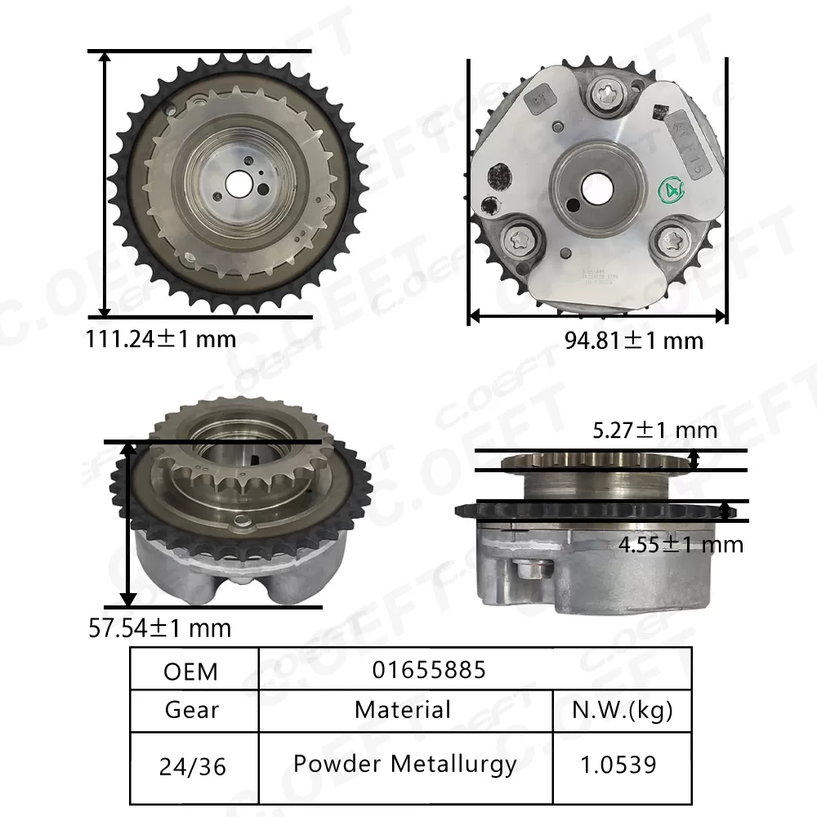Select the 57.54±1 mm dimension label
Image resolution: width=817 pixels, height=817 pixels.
(159, 627)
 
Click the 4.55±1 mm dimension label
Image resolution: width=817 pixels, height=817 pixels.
(680, 543)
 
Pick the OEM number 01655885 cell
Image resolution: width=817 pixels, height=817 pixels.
(429, 670)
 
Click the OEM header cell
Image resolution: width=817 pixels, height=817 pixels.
(191, 671)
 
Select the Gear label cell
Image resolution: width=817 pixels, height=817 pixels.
(192, 709)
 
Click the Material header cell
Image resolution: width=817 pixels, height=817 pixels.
(403, 709)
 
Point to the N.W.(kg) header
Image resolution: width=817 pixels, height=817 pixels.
(623, 709)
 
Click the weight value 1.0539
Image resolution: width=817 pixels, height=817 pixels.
(618, 765)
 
